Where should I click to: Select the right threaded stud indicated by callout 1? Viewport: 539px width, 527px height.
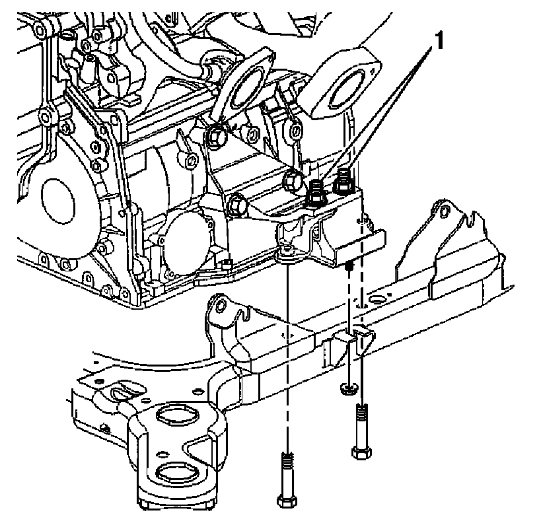click(x=343, y=179)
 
